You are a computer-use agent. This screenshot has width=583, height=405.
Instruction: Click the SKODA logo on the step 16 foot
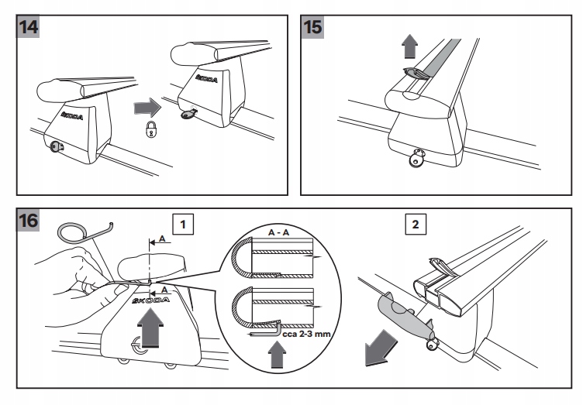coord(152,300)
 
